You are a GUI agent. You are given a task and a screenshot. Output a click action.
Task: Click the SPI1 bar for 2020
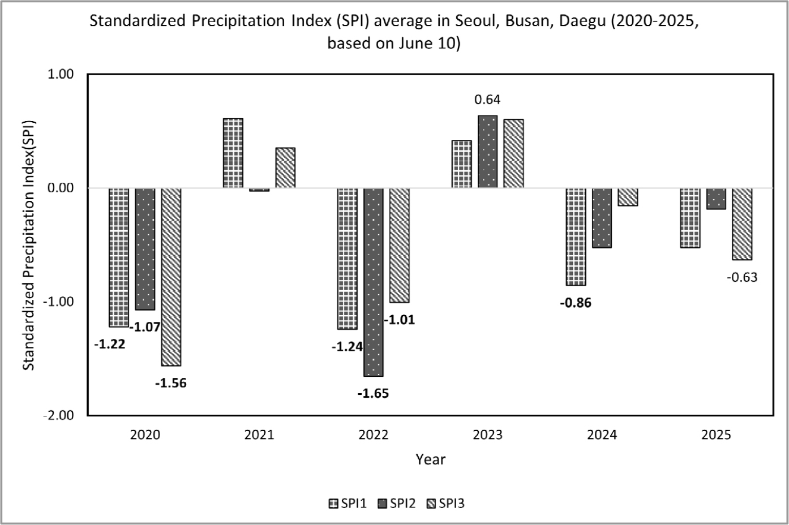pyautogui.click(x=119, y=257)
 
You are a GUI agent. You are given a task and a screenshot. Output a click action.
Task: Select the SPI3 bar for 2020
pyautogui.click(x=171, y=277)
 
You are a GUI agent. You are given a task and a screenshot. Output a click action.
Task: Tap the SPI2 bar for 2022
pyautogui.click(x=374, y=282)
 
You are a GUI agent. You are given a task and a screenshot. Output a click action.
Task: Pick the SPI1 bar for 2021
pyautogui.click(x=233, y=153)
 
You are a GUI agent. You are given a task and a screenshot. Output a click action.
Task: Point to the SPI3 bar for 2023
pyautogui.click(x=513, y=153)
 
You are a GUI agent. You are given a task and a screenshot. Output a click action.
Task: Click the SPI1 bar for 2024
pyautogui.click(x=576, y=236)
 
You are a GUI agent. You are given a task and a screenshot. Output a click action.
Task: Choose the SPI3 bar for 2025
pyautogui.click(x=742, y=224)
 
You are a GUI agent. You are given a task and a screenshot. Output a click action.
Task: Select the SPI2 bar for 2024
pyautogui.click(x=602, y=218)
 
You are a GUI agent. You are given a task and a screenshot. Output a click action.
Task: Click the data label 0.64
pyautogui.click(x=487, y=100)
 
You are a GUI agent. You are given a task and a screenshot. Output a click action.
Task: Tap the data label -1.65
pyautogui.click(x=373, y=394)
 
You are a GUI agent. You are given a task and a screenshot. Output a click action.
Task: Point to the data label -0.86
pyautogui.click(x=576, y=303)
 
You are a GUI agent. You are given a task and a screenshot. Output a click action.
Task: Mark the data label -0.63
pyautogui.click(x=742, y=278)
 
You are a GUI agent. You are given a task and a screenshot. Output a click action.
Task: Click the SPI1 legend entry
pyautogui.click(x=348, y=504)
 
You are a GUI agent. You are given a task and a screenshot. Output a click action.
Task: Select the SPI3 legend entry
pyautogui.click(x=445, y=504)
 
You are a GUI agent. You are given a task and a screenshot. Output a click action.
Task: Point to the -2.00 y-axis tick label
pyautogui.click(x=59, y=415)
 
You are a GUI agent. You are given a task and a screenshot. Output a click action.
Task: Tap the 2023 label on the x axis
pyautogui.click(x=487, y=435)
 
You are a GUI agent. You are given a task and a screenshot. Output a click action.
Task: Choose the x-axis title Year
pyautogui.click(x=430, y=459)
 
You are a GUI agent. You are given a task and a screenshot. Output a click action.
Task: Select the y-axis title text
pyautogui.click(x=29, y=245)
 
